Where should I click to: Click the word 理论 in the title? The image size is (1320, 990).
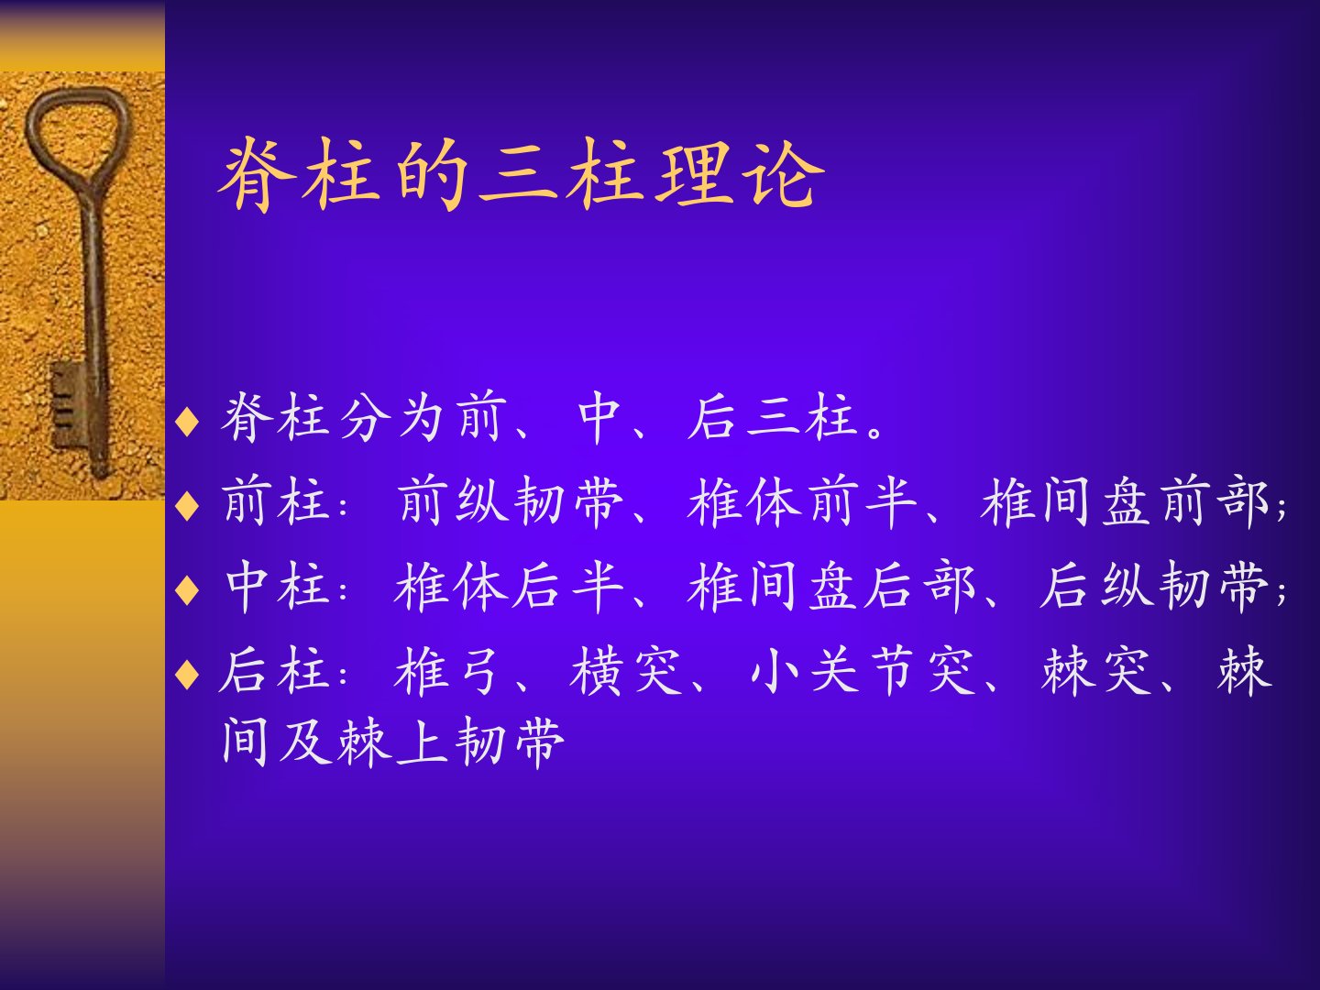(x=739, y=174)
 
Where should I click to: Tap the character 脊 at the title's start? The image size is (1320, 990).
(x=257, y=174)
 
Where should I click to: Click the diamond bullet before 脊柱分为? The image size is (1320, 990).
(x=187, y=422)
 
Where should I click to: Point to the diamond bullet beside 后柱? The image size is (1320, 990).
(x=187, y=674)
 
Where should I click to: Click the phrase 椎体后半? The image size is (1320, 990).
(x=510, y=587)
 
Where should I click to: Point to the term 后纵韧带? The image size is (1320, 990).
(x=1154, y=587)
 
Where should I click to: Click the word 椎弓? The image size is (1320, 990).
(x=446, y=671)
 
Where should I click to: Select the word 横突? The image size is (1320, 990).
(x=625, y=671)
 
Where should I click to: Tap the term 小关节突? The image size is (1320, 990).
(x=863, y=671)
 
